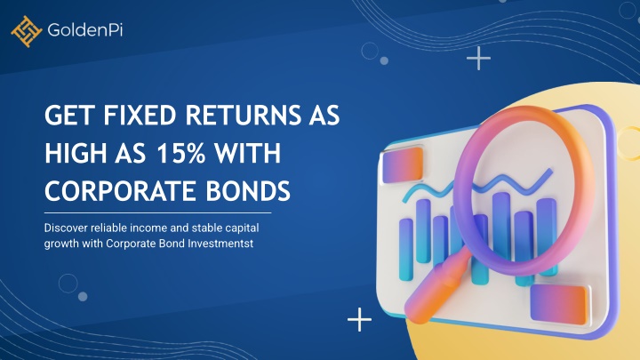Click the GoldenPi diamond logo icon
pyautogui.click(x=27, y=31)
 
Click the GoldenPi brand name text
pyautogui.click(x=85, y=30)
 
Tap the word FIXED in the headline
pyautogui.click(x=140, y=115)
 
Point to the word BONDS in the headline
pyautogui.click(x=248, y=191)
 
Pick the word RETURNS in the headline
pyautogui.click(x=243, y=115)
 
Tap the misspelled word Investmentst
pyautogui.click(x=220, y=244)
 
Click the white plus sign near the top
pyautogui.click(x=478, y=59)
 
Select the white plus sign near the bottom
pyautogui.click(x=359, y=319)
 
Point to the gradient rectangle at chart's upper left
pyautogui.click(x=402, y=164)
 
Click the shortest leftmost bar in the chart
pyautogui.click(x=405, y=250)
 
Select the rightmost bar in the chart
pyautogui.click(x=547, y=236)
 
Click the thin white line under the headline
pyautogui.click(x=157, y=212)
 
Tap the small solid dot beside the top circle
pyautogui.click(x=384, y=60)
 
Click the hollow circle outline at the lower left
pyautogui.click(x=68, y=284)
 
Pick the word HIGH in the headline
pyautogui.click(x=75, y=153)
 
